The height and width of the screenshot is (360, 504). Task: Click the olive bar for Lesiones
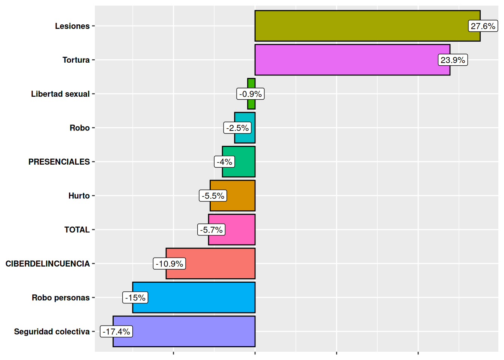click(360, 26)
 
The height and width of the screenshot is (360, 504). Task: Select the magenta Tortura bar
click(345, 60)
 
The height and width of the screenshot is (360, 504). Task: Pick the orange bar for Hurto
click(240, 196)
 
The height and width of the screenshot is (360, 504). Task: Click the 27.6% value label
click(483, 26)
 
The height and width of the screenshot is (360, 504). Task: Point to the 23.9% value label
click(453, 60)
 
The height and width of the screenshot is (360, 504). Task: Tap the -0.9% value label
click(250, 94)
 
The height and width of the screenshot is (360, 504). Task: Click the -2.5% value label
click(237, 128)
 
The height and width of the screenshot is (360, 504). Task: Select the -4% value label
click(225, 162)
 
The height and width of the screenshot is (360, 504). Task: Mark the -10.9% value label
click(169, 264)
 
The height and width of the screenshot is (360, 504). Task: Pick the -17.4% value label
click(116, 331)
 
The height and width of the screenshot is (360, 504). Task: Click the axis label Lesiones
click(72, 26)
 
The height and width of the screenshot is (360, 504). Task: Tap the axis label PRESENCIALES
click(59, 162)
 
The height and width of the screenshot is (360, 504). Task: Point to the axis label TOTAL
click(77, 230)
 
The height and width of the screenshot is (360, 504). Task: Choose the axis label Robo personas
click(61, 298)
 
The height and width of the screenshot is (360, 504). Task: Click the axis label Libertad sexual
click(60, 94)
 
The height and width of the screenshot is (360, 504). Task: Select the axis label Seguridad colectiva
click(52, 331)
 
